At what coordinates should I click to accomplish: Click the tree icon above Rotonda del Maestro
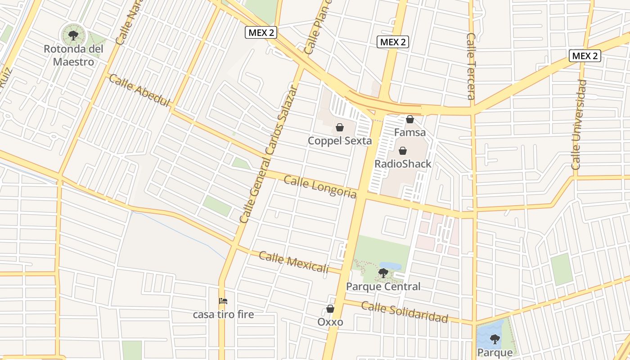[x=73, y=34]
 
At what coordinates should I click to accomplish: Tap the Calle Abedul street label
[x=139, y=91]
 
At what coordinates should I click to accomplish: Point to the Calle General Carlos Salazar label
[x=269, y=154]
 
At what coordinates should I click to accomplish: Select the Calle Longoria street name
[x=320, y=187]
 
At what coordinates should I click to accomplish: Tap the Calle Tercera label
[x=471, y=66]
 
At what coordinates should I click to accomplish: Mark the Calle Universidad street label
[x=579, y=125]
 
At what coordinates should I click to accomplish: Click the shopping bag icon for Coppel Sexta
[x=340, y=127]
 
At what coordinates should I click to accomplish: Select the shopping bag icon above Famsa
[x=410, y=119]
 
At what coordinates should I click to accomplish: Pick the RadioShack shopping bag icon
[x=403, y=151]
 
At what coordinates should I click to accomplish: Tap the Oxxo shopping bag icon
[x=330, y=309]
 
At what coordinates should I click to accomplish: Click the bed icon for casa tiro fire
[x=223, y=301]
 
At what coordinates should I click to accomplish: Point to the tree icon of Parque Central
[x=383, y=273]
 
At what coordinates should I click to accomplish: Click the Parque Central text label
[x=383, y=286]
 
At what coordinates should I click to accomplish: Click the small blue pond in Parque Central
[x=390, y=266]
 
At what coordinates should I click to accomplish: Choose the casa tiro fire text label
[x=223, y=314]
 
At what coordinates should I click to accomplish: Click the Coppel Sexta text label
[x=340, y=141]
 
